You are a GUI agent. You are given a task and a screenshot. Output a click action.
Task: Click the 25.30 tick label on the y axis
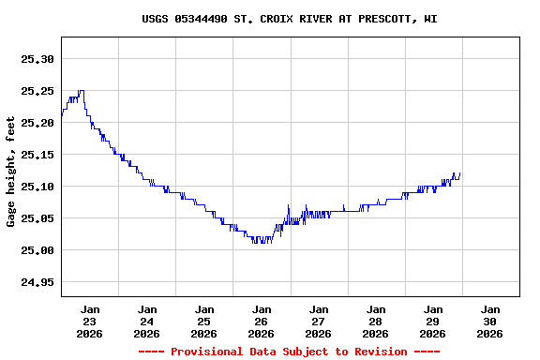[37, 59]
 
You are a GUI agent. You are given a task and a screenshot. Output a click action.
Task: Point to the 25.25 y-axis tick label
[37, 91]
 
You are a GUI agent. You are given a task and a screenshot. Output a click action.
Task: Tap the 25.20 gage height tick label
[37, 123]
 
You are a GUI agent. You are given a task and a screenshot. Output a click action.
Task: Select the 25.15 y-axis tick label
[37, 155]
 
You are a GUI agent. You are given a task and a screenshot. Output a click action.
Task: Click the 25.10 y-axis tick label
[37, 187]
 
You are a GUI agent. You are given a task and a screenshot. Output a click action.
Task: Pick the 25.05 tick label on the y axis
[37, 218]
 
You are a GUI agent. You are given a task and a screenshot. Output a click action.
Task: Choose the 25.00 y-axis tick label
[37, 250]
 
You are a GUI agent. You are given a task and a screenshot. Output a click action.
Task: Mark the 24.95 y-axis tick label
[37, 282]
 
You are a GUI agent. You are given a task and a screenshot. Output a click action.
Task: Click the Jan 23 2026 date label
[90, 321]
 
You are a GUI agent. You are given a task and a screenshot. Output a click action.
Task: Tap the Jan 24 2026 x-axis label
[147, 321]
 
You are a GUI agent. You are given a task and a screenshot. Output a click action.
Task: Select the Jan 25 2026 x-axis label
[204, 321]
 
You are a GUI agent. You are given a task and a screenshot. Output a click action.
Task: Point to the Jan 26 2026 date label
[262, 321]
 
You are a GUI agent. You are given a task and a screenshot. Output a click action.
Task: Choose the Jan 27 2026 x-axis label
[319, 321]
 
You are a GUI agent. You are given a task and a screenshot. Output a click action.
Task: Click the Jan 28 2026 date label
[376, 321]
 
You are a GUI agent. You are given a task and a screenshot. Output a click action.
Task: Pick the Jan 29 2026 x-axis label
[433, 321]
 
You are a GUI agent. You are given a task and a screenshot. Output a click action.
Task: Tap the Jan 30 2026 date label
[490, 321]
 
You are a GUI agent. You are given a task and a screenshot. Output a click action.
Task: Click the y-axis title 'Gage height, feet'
[11, 171]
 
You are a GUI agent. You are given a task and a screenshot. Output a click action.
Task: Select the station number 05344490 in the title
[201, 19]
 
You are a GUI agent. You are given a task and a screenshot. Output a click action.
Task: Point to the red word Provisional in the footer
[204, 352]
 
